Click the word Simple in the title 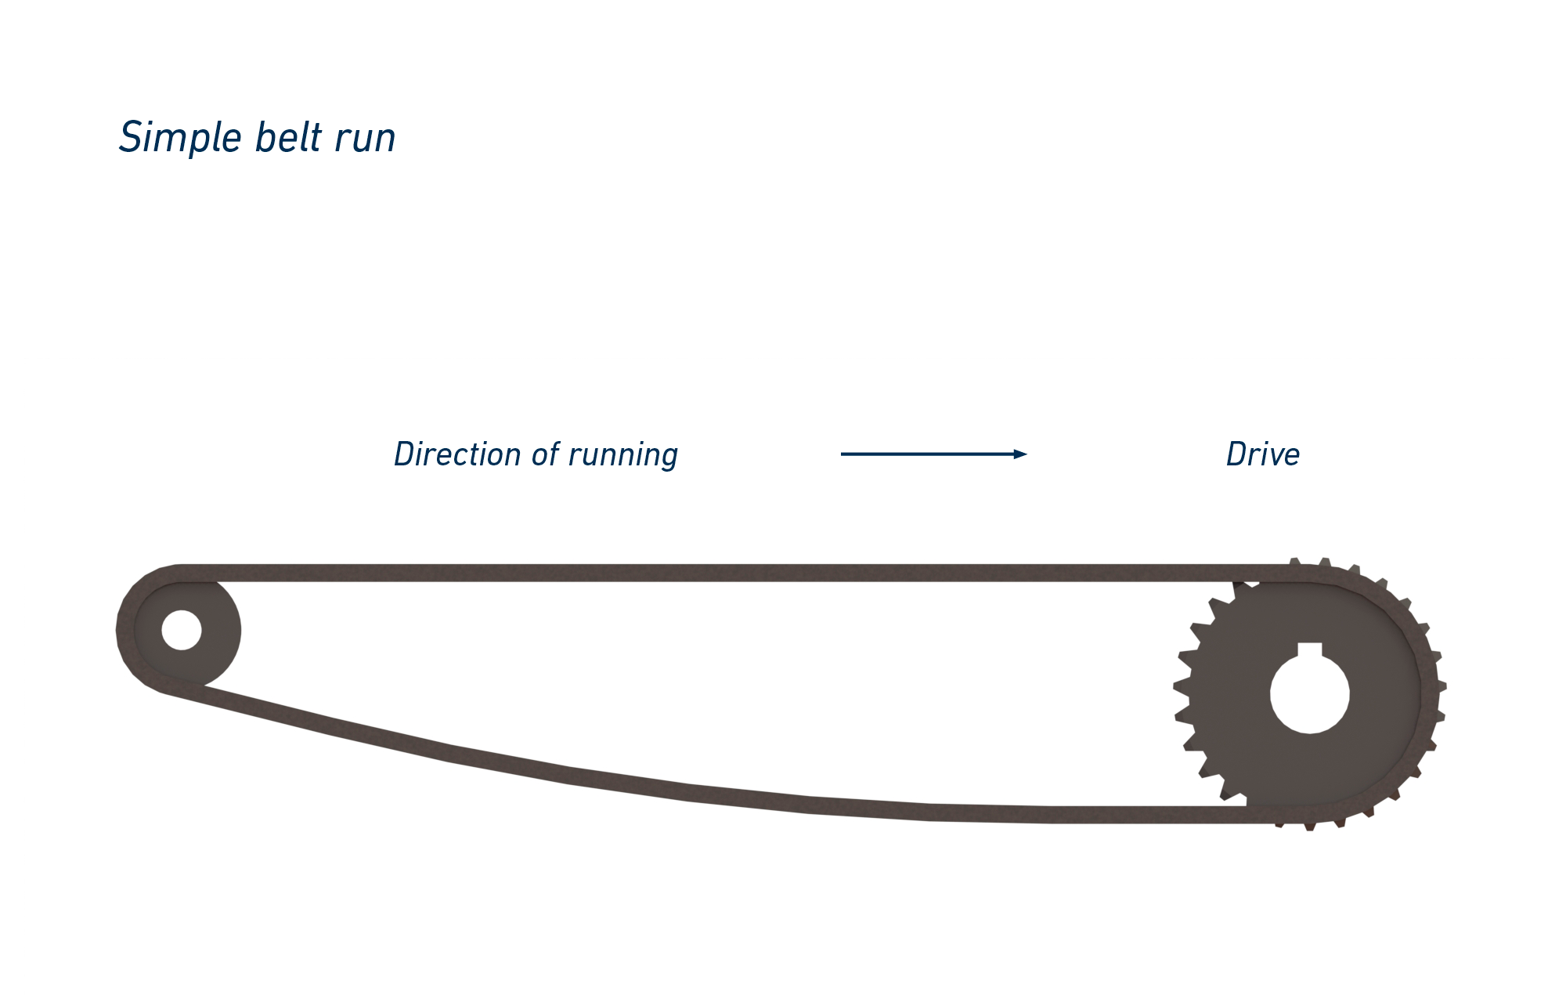coord(180,138)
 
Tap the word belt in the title coord(288,137)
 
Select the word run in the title coord(365,139)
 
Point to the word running coord(622,456)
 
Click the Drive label coord(1262,454)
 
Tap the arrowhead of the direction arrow coord(1019,454)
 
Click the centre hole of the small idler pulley coord(182,630)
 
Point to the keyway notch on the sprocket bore coord(1309,649)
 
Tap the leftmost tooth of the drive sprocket coord(1179,686)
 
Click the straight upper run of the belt coord(705,573)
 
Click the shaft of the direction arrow coord(924,454)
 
